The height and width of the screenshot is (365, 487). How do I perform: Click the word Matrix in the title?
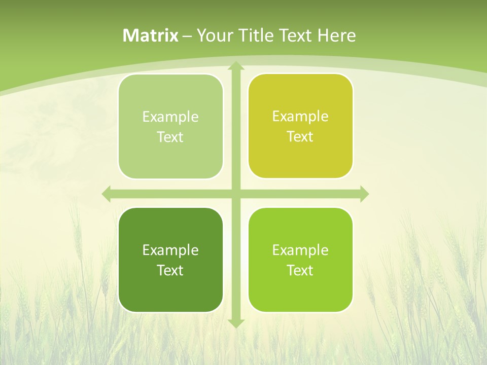[x=150, y=35]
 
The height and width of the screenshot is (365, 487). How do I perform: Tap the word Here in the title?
[x=336, y=35]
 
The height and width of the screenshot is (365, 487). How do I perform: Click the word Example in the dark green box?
[x=170, y=250]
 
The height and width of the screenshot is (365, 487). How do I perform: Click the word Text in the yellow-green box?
[x=300, y=137]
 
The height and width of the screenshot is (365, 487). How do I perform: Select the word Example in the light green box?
[x=170, y=117]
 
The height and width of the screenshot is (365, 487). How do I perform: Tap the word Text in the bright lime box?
[x=300, y=270]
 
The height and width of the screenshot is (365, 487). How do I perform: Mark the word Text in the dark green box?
[x=170, y=270]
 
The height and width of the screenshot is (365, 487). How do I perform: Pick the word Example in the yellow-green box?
[x=300, y=116]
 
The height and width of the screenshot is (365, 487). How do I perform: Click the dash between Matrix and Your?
[x=187, y=36]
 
